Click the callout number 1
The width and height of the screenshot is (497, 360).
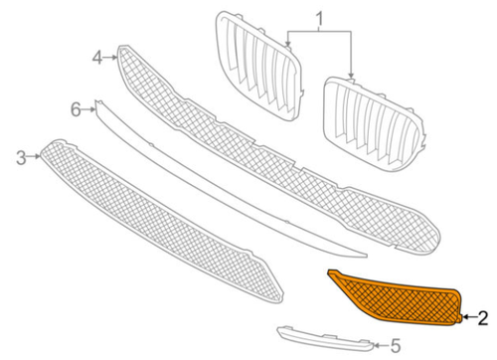(x=320, y=19)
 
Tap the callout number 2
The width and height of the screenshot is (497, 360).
(x=483, y=318)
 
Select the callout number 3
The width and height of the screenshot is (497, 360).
(x=21, y=156)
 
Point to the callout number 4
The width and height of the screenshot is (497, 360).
(x=98, y=58)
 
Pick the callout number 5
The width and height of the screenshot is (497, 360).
(x=394, y=346)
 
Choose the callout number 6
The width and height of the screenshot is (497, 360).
(x=75, y=106)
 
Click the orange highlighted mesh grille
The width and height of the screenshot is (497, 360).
(x=398, y=303)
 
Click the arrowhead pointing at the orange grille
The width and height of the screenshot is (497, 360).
(x=465, y=318)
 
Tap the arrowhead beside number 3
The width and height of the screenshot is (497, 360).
(x=38, y=155)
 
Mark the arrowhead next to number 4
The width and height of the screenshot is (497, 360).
(x=114, y=57)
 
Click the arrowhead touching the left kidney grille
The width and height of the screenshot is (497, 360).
(x=289, y=47)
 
